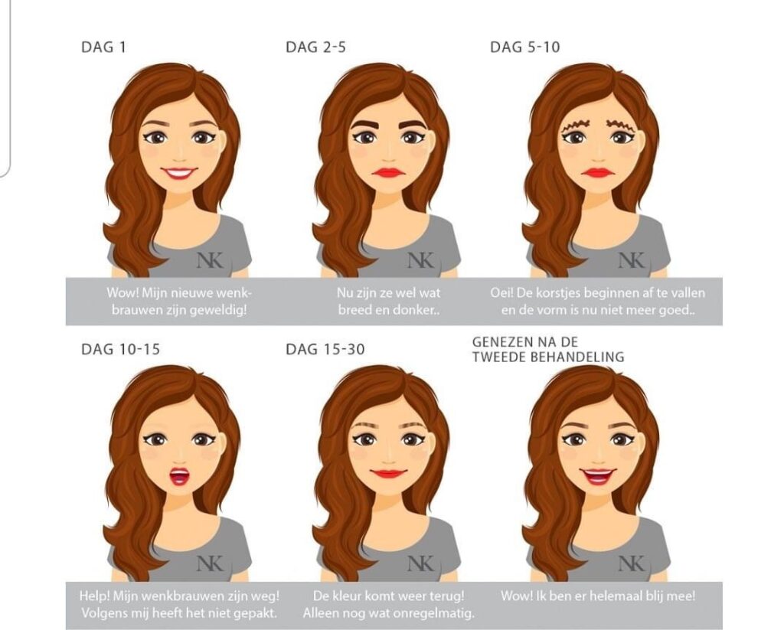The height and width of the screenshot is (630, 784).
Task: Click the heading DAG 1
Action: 103,47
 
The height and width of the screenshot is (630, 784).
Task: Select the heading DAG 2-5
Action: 315,47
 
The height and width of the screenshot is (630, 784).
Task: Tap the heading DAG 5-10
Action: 524,47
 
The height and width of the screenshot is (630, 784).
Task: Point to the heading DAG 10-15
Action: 120,349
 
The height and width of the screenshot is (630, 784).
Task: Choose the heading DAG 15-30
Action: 325,349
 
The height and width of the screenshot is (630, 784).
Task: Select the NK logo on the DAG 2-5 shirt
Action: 420,260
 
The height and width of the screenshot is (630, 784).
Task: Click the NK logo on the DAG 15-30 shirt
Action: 420,563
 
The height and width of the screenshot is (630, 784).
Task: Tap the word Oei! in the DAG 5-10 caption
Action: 502,292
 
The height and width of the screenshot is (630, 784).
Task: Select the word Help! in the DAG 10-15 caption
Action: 95,595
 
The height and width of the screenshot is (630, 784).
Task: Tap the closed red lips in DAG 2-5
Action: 390,172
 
